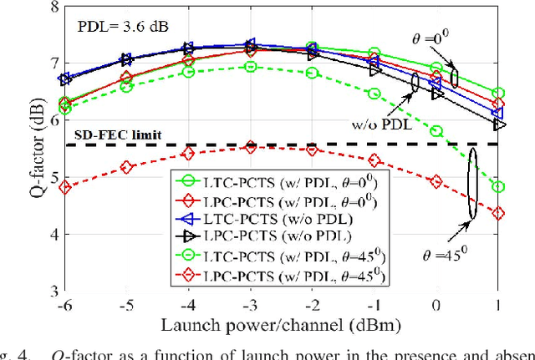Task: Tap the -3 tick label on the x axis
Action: click(x=248, y=307)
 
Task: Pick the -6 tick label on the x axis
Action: click(x=64, y=307)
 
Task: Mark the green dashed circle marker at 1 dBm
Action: click(x=499, y=187)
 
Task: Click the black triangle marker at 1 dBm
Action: click(x=499, y=124)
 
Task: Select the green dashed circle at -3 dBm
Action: click(x=249, y=66)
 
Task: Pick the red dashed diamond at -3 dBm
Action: click(x=249, y=147)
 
